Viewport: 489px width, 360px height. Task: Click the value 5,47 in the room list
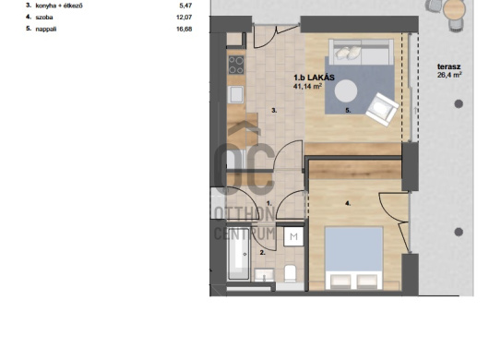(185, 6)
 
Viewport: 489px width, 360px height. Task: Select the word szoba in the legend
(44, 18)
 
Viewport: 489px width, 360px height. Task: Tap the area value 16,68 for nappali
(184, 29)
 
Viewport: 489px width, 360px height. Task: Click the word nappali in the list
(46, 30)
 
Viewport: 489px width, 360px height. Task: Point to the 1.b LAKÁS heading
(314, 78)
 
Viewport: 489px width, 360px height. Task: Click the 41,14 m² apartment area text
(307, 87)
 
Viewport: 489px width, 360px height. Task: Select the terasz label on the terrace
(448, 66)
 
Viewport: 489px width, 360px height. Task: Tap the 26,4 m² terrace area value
(449, 75)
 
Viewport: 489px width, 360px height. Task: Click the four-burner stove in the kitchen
(236, 65)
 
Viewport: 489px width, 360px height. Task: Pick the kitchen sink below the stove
(236, 94)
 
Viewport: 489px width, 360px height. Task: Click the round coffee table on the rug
(346, 91)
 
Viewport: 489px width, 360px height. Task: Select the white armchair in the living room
(382, 110)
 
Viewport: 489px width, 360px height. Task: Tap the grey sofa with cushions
(361, 52)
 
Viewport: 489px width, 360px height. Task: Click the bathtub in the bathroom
(238, 254)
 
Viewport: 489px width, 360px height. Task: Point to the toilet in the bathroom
(290, 273)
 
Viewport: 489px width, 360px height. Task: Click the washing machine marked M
(293, 236)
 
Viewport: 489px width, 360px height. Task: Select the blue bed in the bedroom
(354, 258)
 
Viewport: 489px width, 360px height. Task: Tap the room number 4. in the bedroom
(348, 204)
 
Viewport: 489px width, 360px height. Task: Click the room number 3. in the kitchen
(274, 111)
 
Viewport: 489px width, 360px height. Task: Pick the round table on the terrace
(454, 10)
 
